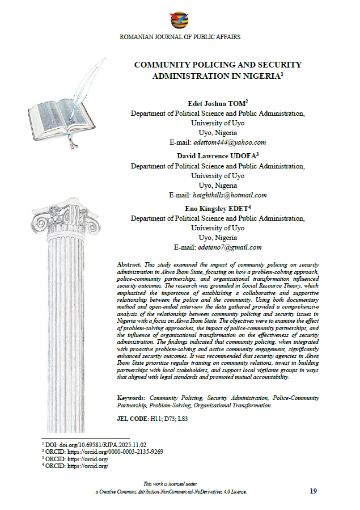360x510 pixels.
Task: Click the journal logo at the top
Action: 180,20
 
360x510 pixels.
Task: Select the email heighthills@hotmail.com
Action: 230,195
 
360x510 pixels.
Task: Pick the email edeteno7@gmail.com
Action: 229,247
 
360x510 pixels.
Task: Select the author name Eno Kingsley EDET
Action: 215,209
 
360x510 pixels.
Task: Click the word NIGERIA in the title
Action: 256,75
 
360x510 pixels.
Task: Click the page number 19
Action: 314,491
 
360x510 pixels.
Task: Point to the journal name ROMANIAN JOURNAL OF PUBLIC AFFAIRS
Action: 180,37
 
